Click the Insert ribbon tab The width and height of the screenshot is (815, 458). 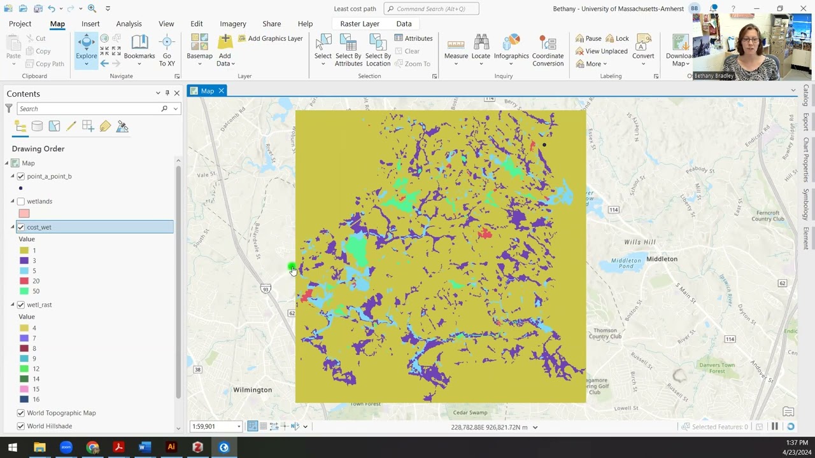[90, 24]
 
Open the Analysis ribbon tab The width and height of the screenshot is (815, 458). [129, 24]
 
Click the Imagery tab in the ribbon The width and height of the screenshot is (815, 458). [233, 24]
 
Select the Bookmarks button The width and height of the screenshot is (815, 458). [139, 48]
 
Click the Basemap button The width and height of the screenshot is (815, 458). [199, 48]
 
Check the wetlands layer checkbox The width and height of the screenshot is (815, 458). [21, 202]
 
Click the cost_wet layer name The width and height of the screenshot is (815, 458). [39, 227]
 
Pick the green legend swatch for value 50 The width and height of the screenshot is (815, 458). [24, 291]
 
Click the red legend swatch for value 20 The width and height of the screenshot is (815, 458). [24, 281]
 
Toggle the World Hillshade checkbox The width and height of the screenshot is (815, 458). [21, 426]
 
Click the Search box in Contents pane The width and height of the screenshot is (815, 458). [89, 109]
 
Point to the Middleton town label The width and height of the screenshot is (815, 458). [662, 259]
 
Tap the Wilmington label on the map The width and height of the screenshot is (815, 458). [252, 390]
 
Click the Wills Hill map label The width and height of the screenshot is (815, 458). [639, 242]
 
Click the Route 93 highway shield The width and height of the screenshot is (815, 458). [266, 289]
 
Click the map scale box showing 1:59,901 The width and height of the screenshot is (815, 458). [213, 427]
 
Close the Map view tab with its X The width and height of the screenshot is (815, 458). [222, 91]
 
